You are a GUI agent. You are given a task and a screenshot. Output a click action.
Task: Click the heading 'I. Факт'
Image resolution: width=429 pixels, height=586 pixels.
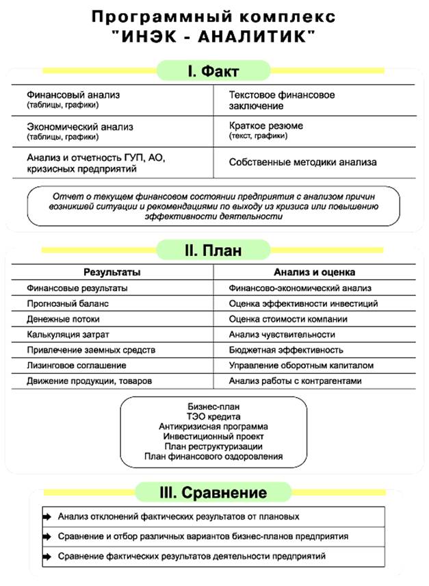pos(213,71)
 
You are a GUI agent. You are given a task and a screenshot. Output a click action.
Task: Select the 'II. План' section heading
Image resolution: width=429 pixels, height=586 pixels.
pos(213,250)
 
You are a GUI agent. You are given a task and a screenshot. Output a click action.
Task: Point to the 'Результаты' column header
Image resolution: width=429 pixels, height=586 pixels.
pos(112,272)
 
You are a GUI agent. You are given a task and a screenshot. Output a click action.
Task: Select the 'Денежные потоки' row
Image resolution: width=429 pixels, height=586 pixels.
pos(63,319)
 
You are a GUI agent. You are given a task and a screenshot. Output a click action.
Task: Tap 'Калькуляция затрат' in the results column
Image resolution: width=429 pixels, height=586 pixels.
pos(68,335)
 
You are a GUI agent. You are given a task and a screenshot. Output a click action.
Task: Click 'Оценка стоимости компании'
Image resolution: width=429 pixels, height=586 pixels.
pos(298,319)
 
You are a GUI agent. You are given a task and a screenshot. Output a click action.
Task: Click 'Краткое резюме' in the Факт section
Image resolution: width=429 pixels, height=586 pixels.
pos(266,126)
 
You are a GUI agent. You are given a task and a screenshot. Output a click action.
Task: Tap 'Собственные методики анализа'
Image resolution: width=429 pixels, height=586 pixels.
pos(303,162)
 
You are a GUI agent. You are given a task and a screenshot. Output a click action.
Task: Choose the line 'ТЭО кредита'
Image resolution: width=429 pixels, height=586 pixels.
pos(213,416)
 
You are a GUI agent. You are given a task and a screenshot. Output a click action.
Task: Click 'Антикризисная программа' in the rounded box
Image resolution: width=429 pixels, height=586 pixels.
pos(213,426)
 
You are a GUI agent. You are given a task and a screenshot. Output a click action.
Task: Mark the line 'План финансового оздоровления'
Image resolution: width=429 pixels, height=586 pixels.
pos(213,457)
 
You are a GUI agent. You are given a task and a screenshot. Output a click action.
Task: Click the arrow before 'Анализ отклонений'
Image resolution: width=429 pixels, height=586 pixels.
pos(47,517)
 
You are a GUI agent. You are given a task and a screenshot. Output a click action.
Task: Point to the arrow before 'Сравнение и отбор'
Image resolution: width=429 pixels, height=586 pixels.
pos(47,537)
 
